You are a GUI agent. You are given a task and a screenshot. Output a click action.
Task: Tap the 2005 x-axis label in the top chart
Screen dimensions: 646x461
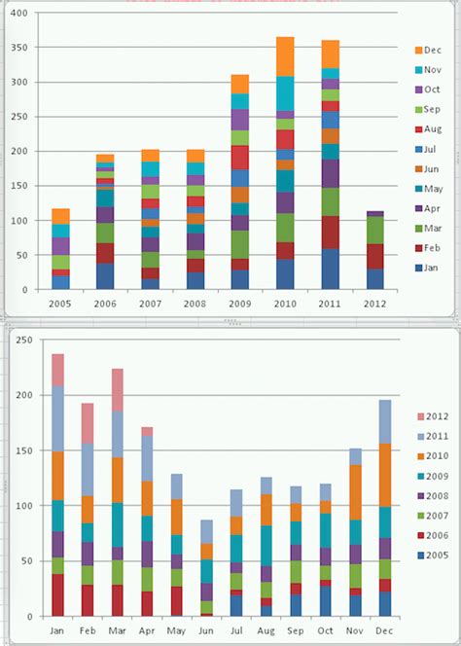click(60, 302)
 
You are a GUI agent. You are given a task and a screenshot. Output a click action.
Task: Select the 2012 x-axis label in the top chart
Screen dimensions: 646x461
click(373, 302)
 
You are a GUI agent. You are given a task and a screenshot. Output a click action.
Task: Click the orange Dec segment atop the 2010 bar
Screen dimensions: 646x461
click(285, 56)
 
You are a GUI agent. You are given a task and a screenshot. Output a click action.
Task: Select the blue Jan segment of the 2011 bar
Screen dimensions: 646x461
click(330, 269)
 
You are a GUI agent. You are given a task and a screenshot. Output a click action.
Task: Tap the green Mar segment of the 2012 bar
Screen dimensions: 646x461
click(374, 230)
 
